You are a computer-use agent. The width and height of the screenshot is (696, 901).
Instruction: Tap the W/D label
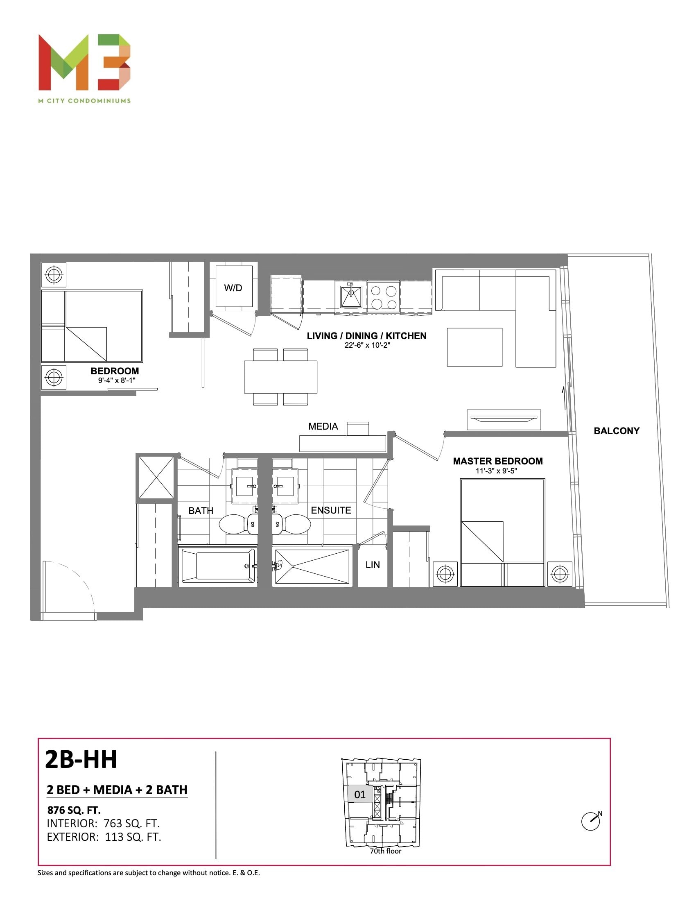point(233,288)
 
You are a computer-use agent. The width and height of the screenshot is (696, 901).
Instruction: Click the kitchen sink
point(350,297)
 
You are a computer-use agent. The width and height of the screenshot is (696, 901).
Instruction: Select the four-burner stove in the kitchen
point(384,297)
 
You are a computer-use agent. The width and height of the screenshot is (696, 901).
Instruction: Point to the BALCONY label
point(617,431)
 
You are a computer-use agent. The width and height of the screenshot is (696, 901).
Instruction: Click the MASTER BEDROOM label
point(498,461)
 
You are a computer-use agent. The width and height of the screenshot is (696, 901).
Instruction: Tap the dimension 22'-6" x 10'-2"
point(367,345)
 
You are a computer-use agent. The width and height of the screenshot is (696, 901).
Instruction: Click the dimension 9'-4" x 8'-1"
point(117,380)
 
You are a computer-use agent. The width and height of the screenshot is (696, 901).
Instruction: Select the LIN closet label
point(373,565)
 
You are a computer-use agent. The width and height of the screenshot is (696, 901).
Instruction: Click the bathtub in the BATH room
point(218,566)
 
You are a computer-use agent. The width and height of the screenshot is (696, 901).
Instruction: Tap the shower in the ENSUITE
point(312,566)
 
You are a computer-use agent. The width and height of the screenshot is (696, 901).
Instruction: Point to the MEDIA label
point(323,426)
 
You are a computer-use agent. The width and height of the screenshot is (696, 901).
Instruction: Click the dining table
point(280,377)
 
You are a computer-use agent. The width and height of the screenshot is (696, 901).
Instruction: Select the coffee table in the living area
point(475,347)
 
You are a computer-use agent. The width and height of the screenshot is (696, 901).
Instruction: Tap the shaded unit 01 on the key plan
point(359,794)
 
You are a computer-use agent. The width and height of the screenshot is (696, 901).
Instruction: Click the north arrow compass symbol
point(591,821)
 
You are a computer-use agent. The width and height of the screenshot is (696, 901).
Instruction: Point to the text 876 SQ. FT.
point(74,810)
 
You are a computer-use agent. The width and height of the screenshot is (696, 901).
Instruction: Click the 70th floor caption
point(385,851)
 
